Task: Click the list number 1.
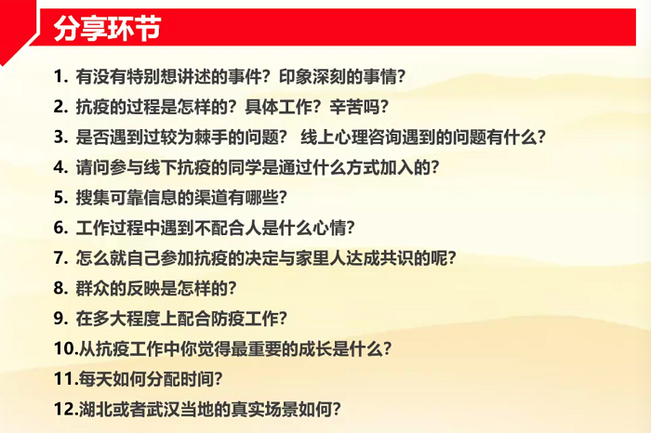(59, 77)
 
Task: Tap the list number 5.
(59, 197)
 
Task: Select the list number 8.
(59, 287)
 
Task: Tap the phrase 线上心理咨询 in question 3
(353, 138)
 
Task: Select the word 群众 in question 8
(92, 287)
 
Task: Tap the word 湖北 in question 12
(92, 408)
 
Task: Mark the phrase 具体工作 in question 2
(278, 107)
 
